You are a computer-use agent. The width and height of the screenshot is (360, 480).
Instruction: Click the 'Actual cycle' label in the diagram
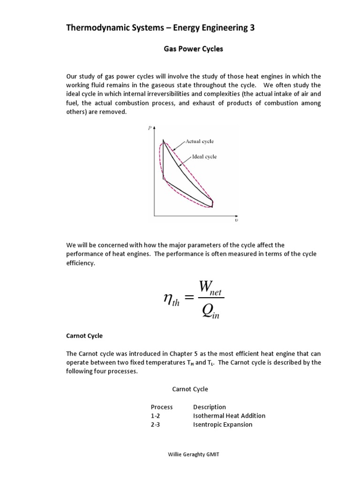click(200, 141)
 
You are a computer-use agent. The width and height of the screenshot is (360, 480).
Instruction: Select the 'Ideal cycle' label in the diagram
click(204, 157)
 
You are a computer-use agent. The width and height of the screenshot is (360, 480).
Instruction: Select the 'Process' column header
click(162, 407)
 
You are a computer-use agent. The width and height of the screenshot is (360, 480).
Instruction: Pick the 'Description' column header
click(210, 407)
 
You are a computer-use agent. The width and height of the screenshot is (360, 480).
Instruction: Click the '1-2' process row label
click(155, 416)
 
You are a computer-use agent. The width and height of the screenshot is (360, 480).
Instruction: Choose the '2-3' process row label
click(155, 425)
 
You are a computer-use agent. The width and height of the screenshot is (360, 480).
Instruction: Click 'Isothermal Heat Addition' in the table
click(229, 416)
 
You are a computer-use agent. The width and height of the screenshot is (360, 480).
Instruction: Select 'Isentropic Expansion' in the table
click(223, 425)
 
